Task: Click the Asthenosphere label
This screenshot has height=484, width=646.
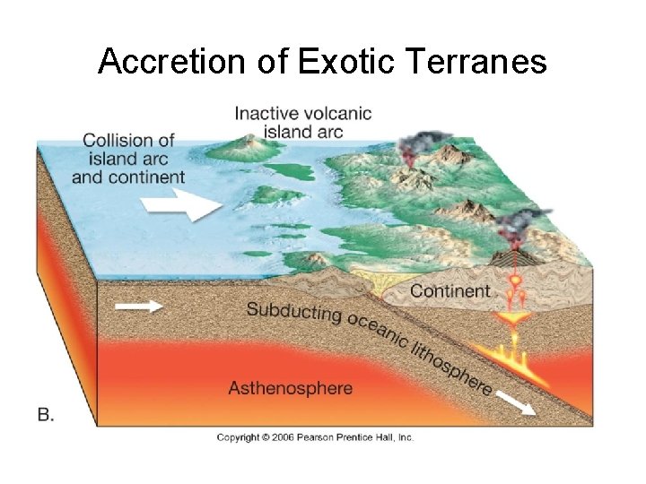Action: [290, 388]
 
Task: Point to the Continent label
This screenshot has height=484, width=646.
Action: [450, 290]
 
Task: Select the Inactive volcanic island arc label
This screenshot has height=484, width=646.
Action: [302, 122]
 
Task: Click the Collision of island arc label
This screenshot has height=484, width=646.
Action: [127, 158]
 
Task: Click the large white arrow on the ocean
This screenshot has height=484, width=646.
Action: [188, 203]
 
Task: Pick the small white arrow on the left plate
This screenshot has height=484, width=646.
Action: [138, 307]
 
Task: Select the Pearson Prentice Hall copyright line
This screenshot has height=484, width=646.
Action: [315, 437]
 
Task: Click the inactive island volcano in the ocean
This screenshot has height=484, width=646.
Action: [244, 143]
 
